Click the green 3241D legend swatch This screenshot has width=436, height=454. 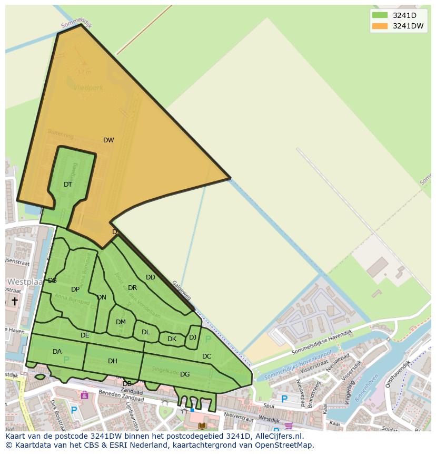point(379,15)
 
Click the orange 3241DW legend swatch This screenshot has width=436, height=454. point(379,26)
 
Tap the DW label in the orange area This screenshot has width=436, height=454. point(108,140)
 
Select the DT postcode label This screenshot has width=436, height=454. point(68,185)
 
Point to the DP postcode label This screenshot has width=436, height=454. point(75,289)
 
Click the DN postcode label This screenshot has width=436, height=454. point(102,297)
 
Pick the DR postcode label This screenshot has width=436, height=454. point(132,288)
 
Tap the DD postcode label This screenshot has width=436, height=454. point(151,277)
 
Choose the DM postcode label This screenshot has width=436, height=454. point(121,322)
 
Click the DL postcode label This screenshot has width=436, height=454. point(146,332)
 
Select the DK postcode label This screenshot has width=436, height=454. point(172,339)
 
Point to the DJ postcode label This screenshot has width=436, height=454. point(193,337)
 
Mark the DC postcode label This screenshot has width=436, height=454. point(206,356)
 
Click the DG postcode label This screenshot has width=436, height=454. point(185,374)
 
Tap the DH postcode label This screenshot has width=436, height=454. point(112,361)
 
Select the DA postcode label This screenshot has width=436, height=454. point(57,352)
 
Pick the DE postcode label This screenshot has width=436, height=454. point(85,335)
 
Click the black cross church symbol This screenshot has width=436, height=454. point(15,301)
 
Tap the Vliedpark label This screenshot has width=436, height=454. point(88,88)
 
